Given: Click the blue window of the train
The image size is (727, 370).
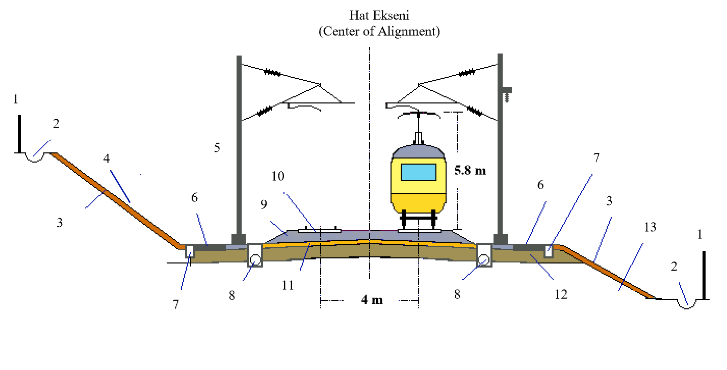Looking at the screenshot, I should click(x=419, y=172).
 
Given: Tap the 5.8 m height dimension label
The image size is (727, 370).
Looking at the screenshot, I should click(x=470, y=171).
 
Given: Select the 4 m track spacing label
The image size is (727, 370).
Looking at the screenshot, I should click(x=371, y=300).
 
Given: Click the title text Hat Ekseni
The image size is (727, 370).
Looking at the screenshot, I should click(x=378, y=16).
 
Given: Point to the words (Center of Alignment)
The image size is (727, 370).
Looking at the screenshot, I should click(x=378, y=32).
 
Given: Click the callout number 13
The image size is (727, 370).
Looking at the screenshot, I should click(x=650, y=227).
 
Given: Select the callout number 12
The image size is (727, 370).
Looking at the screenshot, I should click(x=561, y=295).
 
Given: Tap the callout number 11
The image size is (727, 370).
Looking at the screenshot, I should click(x=288, y=285).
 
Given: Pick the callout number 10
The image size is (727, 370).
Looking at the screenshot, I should click(x=278, y=177).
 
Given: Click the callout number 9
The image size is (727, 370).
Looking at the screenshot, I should click(x=264, y=205).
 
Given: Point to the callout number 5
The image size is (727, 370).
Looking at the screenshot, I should click(x=217, y=148).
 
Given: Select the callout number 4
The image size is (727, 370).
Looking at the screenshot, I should click(x=106, y=158).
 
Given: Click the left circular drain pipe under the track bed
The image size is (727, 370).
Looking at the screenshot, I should click(x=255, y=260).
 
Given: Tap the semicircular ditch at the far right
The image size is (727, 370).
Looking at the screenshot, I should click(x=687, y=304).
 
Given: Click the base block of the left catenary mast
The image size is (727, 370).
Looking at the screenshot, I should click(x=238, y=239).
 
